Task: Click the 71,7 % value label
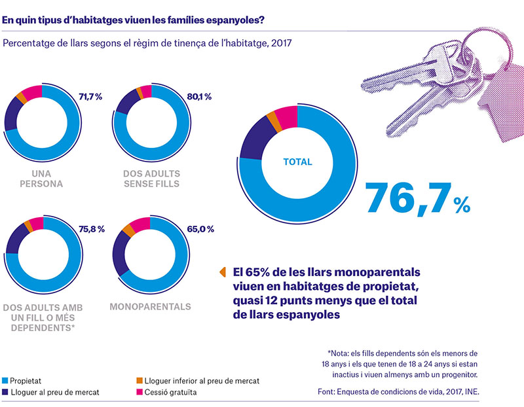tap(90, 97)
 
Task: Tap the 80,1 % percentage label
tap(199, 97)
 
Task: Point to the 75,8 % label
tap(92, 229)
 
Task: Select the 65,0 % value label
tap(200, 229)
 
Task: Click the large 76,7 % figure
tap(418, 198)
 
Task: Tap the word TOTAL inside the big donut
tap(297, 162)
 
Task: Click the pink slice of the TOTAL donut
tap(288, 118)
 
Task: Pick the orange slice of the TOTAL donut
tap(273, 121)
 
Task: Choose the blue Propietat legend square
tap(5, 381)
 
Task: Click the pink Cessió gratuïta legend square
tap(140, 392)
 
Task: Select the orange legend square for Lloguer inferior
tap(140, 381)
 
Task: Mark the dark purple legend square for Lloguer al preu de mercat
tap(5, 392)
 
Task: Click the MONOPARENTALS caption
tap(151, 306)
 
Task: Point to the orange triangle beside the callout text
tap(223, 272)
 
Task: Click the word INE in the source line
tap(471, 392)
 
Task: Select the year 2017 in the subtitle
tap(281, 43)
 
